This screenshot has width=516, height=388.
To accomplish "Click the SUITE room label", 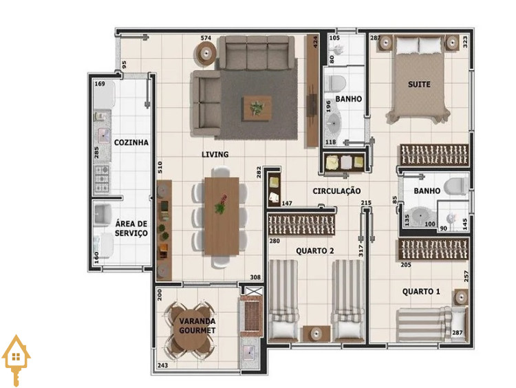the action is click(x=419, y=85).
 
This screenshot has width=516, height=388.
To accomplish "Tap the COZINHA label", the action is click(x=131, y=142).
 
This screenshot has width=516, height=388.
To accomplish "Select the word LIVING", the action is click(x=215, y=154).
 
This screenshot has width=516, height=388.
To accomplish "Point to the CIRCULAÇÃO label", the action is click(x=336, y=191).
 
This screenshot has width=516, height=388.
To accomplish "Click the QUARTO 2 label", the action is click(x=315, y=251).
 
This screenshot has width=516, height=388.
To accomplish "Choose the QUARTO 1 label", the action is click(x=421, y=291).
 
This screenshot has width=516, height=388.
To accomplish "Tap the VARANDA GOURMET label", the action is click(x=197, y=325).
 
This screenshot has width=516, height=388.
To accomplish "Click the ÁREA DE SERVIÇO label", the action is click(x=131, y=228).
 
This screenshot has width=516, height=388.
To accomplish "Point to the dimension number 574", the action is click(x=206, y=38).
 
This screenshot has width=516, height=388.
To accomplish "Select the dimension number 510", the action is click(x=160, y=167).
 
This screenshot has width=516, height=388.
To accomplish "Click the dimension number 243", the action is click(x=162, y=365).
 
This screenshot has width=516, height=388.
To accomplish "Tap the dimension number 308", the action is click(x=255, y=277).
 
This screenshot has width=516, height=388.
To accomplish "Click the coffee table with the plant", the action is click(x=257, y=108).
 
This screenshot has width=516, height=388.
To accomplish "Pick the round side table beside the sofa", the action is click(x=206, y=53).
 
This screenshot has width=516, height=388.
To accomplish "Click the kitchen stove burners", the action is click(x=102, y=179).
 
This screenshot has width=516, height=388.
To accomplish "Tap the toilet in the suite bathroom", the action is click(x=456, y=187).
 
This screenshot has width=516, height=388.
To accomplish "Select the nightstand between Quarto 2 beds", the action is click(x=316, y=334).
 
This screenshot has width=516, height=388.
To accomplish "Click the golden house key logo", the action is click(x=16, y=360).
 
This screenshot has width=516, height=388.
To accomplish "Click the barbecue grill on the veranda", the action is click(x=252, y=316).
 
